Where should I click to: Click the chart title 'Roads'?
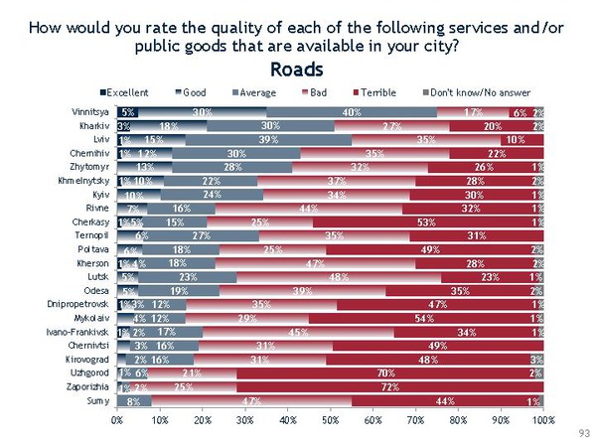click(297, 70)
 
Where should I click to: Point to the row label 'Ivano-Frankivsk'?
click(78, 331)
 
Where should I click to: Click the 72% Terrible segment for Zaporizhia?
click(388, 385)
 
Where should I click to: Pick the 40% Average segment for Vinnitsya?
click(352, 113)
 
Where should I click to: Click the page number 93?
click(582, 435)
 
